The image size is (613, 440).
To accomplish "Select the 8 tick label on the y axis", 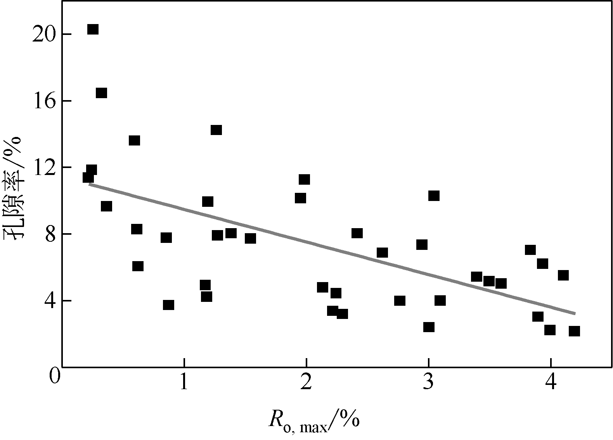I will pyautogui.click(x=51, y=234).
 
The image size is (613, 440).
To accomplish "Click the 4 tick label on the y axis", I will pyautogui.click(x=51, y=301).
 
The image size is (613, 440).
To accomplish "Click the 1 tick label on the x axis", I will pyautogui.click(x=184, y=382).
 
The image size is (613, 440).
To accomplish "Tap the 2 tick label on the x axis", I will pyautogui.click(x=306, y=382).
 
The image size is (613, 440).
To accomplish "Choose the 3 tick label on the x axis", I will pyautogui.click(x=428, y=382).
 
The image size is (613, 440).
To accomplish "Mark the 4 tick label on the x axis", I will pyautogui.click(x=551, y=382).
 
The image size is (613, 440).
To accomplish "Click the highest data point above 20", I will pyautogui.click(x=93, y=29).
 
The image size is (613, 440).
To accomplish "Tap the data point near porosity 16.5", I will pyautogui.click(x=101, y=93).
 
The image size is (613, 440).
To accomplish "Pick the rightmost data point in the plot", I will pyautogui.click(x=574, y=331).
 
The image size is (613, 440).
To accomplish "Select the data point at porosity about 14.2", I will pyautogui.click(x=216, y=130).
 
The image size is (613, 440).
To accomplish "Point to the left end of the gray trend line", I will pyautogui.click(x=90, y=184).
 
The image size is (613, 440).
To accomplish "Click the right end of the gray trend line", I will pyautogui.click(x=575, y=313).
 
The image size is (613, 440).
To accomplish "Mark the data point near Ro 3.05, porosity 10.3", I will pyautogui.click(x=434, y=196).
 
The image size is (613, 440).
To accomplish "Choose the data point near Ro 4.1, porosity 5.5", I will pyautogui.click(x=563, y=275).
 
